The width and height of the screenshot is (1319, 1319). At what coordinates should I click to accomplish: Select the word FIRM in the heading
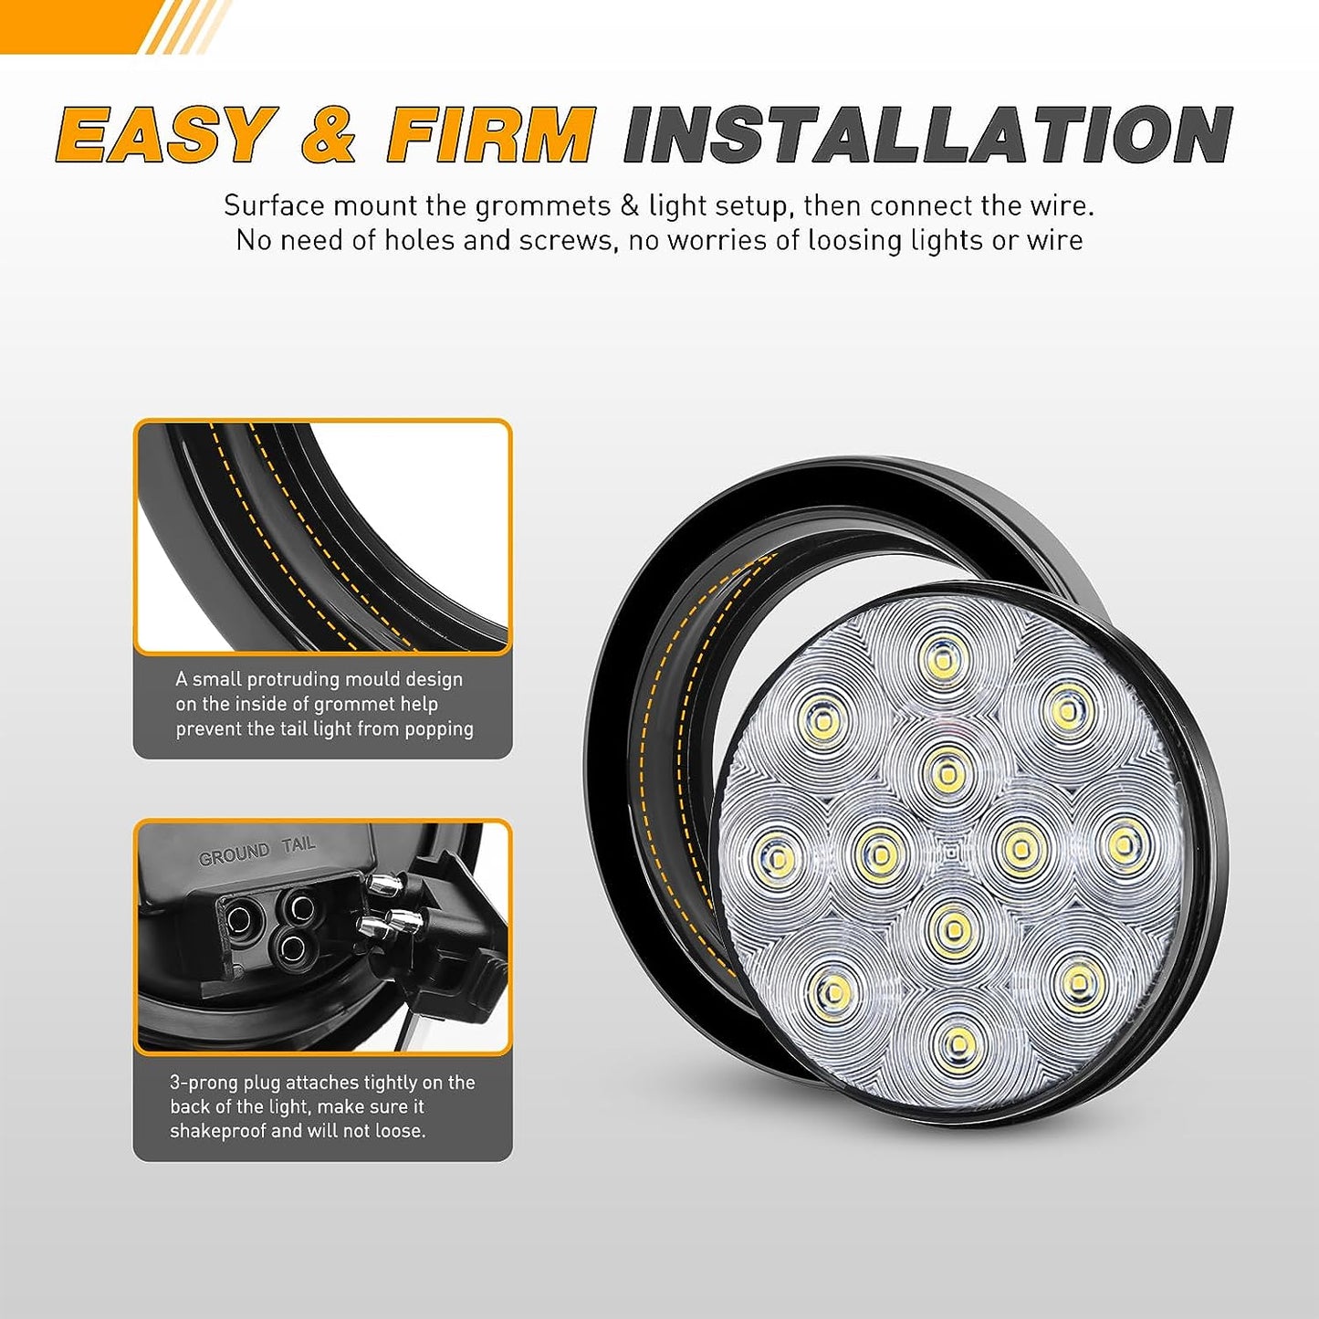[490, 135]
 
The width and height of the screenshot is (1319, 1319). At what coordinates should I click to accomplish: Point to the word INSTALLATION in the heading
[927, 135]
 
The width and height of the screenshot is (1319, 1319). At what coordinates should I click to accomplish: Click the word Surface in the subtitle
[274, 205]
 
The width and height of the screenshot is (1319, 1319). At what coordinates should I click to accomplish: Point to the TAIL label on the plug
[298, 844]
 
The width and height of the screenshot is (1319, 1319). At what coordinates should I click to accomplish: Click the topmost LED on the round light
[942, 656]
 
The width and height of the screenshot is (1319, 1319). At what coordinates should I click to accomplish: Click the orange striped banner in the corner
[110, 26]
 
